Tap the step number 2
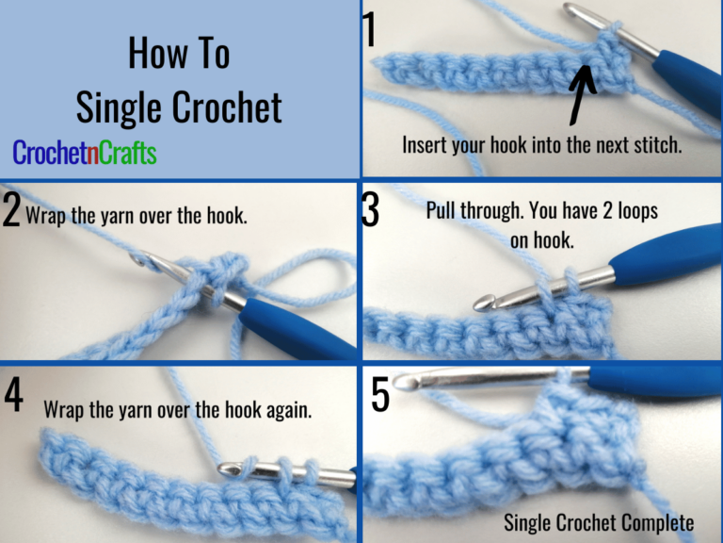11,212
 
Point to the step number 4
13,396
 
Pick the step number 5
380,394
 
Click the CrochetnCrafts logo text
85,153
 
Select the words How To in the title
179,55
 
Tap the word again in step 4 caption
290,411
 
